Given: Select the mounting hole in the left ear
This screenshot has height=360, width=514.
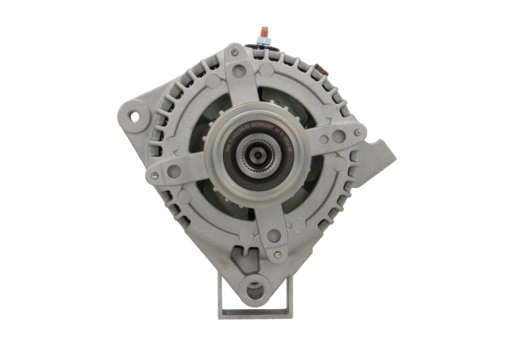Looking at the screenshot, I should tap(135, 116).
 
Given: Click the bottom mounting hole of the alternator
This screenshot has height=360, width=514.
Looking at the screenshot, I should tap(255, 290).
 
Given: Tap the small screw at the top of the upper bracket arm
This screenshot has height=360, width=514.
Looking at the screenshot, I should tap(234, 51).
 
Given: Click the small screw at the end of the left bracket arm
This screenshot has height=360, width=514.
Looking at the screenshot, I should tap(155, 175).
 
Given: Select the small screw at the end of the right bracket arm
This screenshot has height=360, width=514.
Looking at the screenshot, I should tap(357, 133).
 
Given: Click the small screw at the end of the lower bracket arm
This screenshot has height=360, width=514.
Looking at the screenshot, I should tap(275, 254).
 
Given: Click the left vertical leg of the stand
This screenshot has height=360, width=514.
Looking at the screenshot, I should tap(222, 294).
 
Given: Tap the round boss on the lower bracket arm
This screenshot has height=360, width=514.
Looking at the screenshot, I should tap(273, 236).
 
